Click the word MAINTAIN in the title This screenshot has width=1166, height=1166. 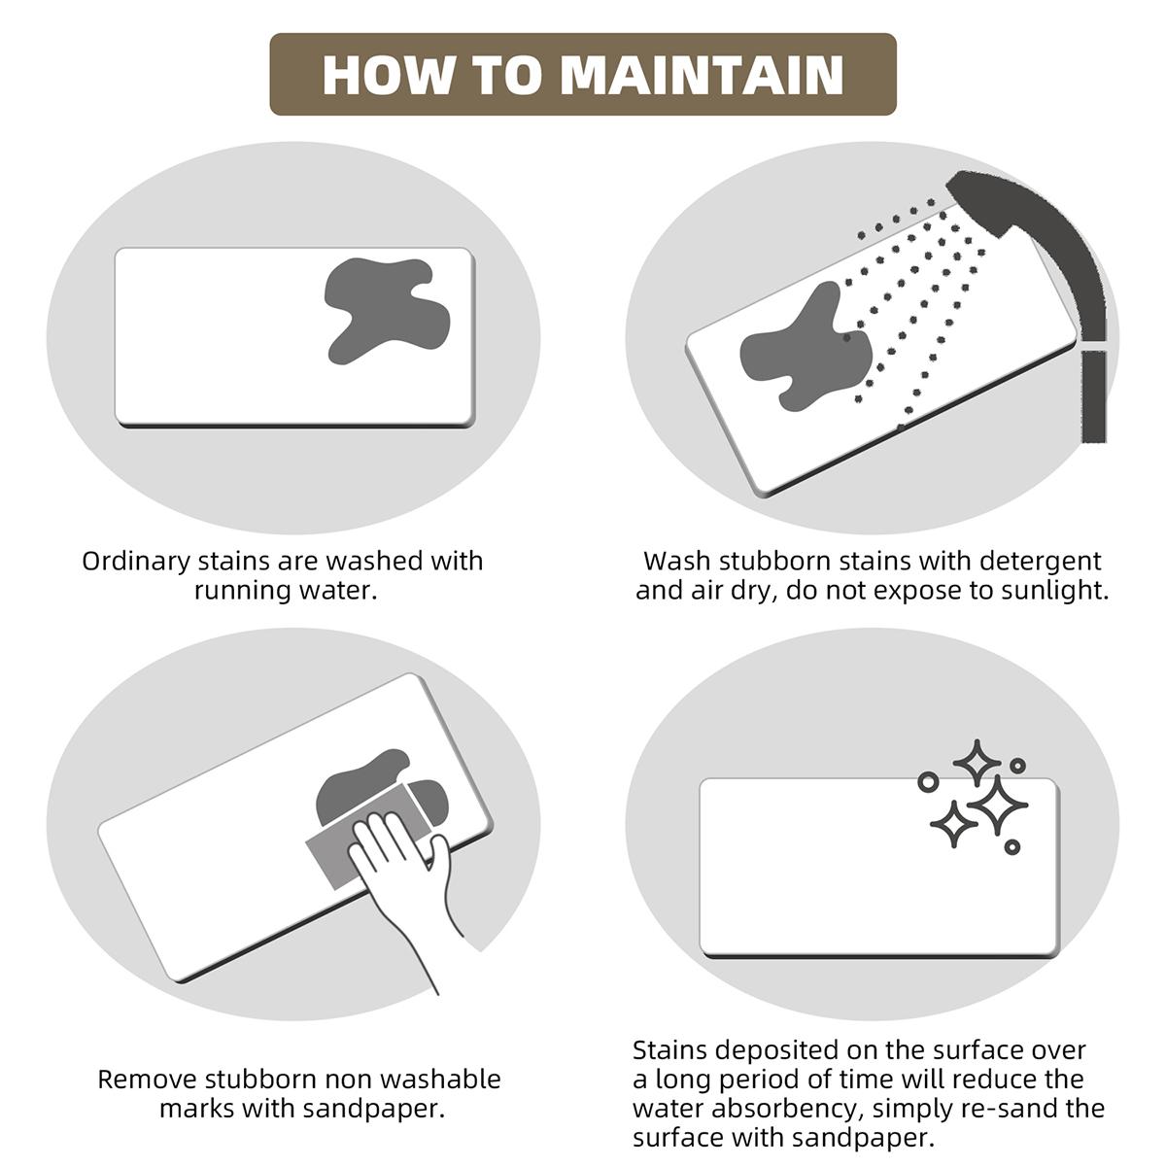click(x=702, y=76)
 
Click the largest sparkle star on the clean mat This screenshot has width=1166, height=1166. click(x=997, y=806)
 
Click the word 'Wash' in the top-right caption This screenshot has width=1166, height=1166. click(x=677, y=561)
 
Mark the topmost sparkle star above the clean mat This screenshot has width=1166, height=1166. click(x=976, y=763)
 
